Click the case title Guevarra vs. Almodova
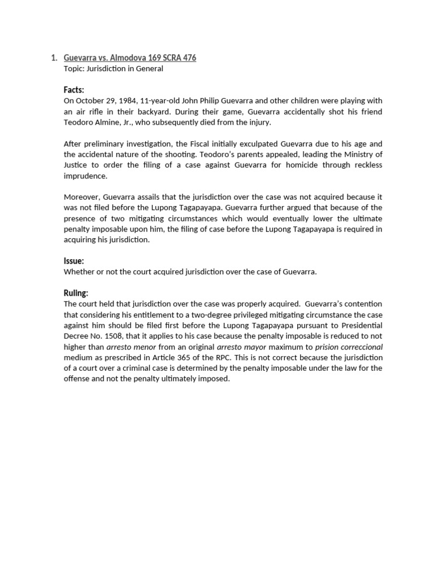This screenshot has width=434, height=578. [130, 58]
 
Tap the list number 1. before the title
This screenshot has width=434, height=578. [54, 58]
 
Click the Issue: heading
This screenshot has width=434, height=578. [74, 261]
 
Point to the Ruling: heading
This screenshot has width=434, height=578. [76, 293]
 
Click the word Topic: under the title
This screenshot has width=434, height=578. [76, 68]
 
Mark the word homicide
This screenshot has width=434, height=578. [314, 165]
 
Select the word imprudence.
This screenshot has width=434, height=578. [85, 176]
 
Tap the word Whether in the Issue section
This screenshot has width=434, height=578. [80, 272]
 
